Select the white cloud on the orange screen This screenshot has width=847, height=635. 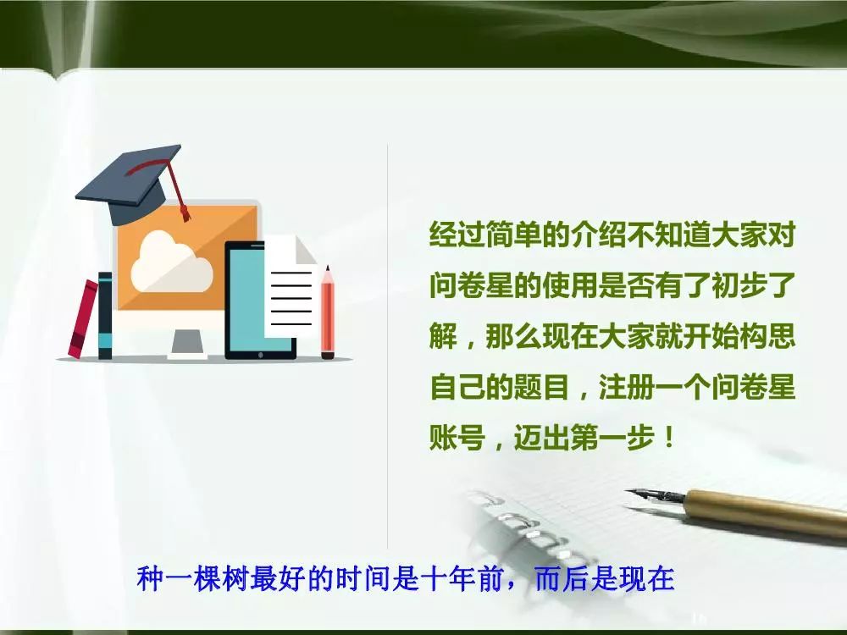point(172,262)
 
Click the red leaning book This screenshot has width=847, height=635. point(83,318)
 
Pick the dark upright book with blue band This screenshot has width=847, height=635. point(105,316)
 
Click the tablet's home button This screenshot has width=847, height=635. point(260,356)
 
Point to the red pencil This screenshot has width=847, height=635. point(327,312)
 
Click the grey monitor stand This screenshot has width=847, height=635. point(187,343)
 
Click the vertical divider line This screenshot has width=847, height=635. point(387,346)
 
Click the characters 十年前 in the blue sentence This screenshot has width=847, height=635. point(463,578)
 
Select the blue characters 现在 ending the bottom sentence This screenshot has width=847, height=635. point(646,578)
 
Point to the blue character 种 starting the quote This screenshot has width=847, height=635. point(150,578)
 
